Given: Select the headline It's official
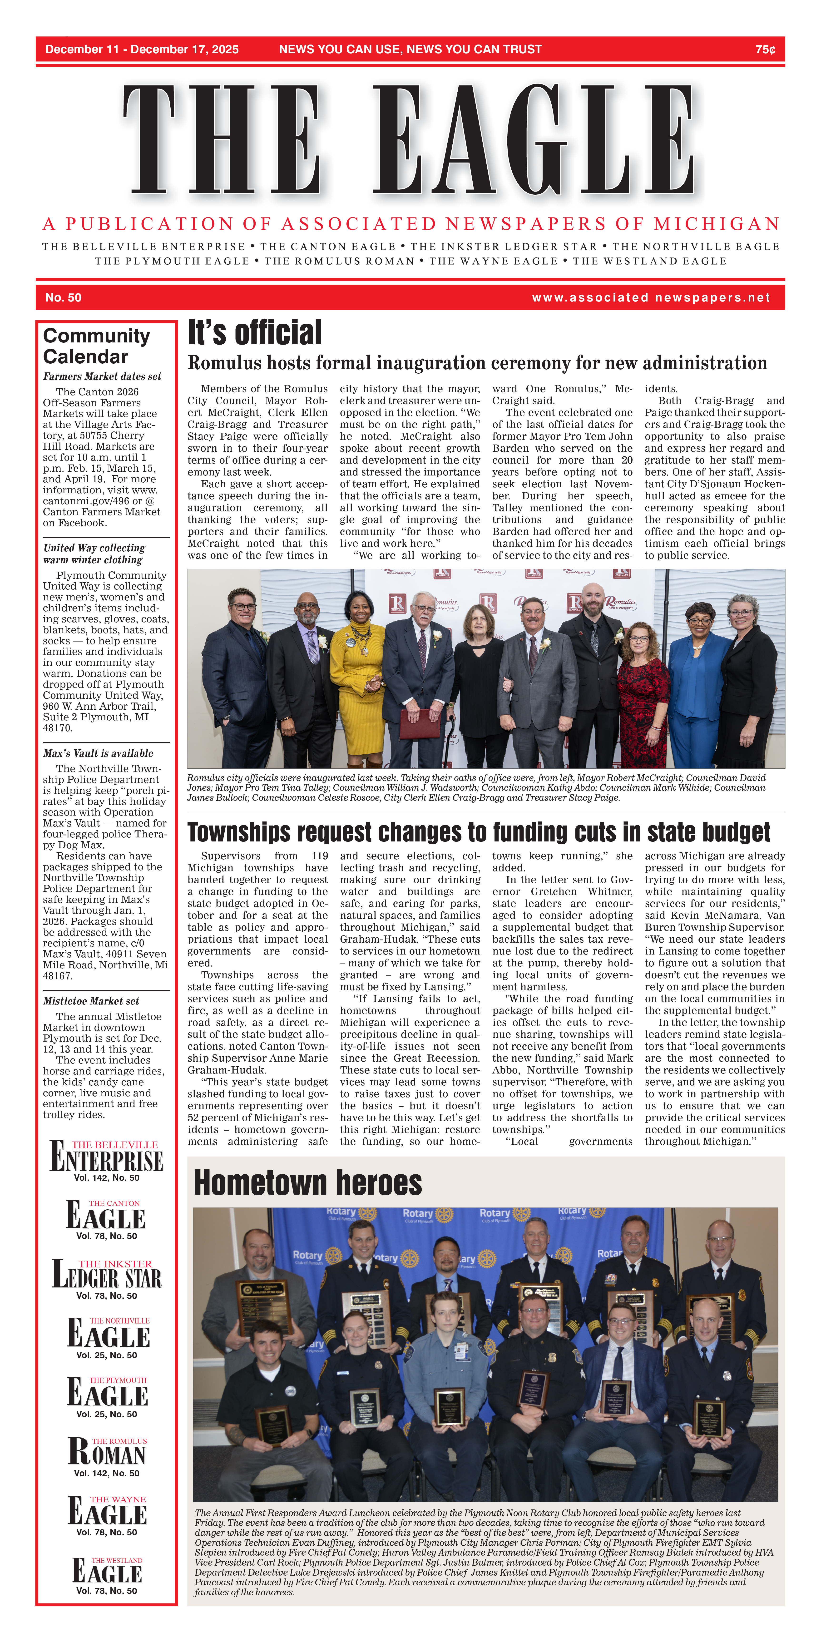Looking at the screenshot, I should [x=255, y=333].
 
